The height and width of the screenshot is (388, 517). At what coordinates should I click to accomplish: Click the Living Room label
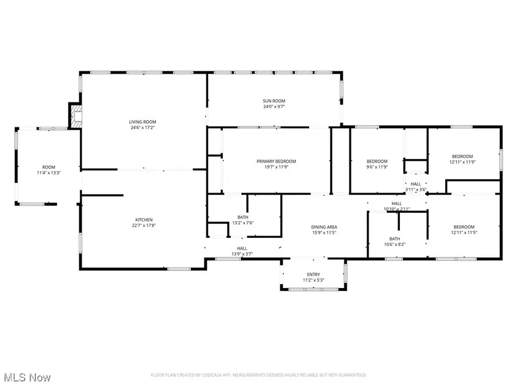[x=142, y=122]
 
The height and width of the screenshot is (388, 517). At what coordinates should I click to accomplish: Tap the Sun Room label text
[x=274, y=101]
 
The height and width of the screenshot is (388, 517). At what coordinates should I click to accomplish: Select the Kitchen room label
[x=143, y=220]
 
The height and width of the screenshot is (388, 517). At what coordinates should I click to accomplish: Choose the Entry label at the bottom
[x=313, y=274]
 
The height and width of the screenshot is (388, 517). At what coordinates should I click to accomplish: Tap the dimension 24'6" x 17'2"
[x=142, y=128]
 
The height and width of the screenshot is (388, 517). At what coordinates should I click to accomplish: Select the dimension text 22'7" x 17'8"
[x=143, y=225]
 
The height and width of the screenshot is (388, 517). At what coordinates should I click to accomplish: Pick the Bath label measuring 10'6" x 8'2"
[x=394, y=239]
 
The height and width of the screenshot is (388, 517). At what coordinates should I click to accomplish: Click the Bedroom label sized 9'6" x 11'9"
[x=377, y=161]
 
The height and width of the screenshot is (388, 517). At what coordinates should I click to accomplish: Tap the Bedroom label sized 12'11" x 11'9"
[x=462, y=156]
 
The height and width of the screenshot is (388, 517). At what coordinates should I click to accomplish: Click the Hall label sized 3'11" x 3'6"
[x=415, y=183]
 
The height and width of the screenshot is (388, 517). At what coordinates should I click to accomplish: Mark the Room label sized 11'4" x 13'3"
[x=48, y=167]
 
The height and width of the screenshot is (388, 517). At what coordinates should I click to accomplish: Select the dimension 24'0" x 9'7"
[x=274, y=106]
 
